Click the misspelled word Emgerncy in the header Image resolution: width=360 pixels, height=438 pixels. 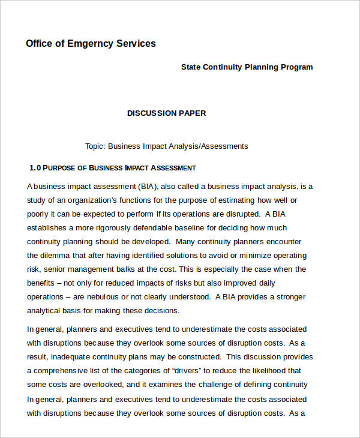(89, 43)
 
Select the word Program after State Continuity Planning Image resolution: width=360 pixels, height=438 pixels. (296, 67)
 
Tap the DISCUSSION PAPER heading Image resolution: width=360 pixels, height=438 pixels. (166, 113)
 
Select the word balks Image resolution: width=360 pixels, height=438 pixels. (137, 269)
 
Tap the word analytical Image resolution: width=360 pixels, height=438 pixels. (46, 310)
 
